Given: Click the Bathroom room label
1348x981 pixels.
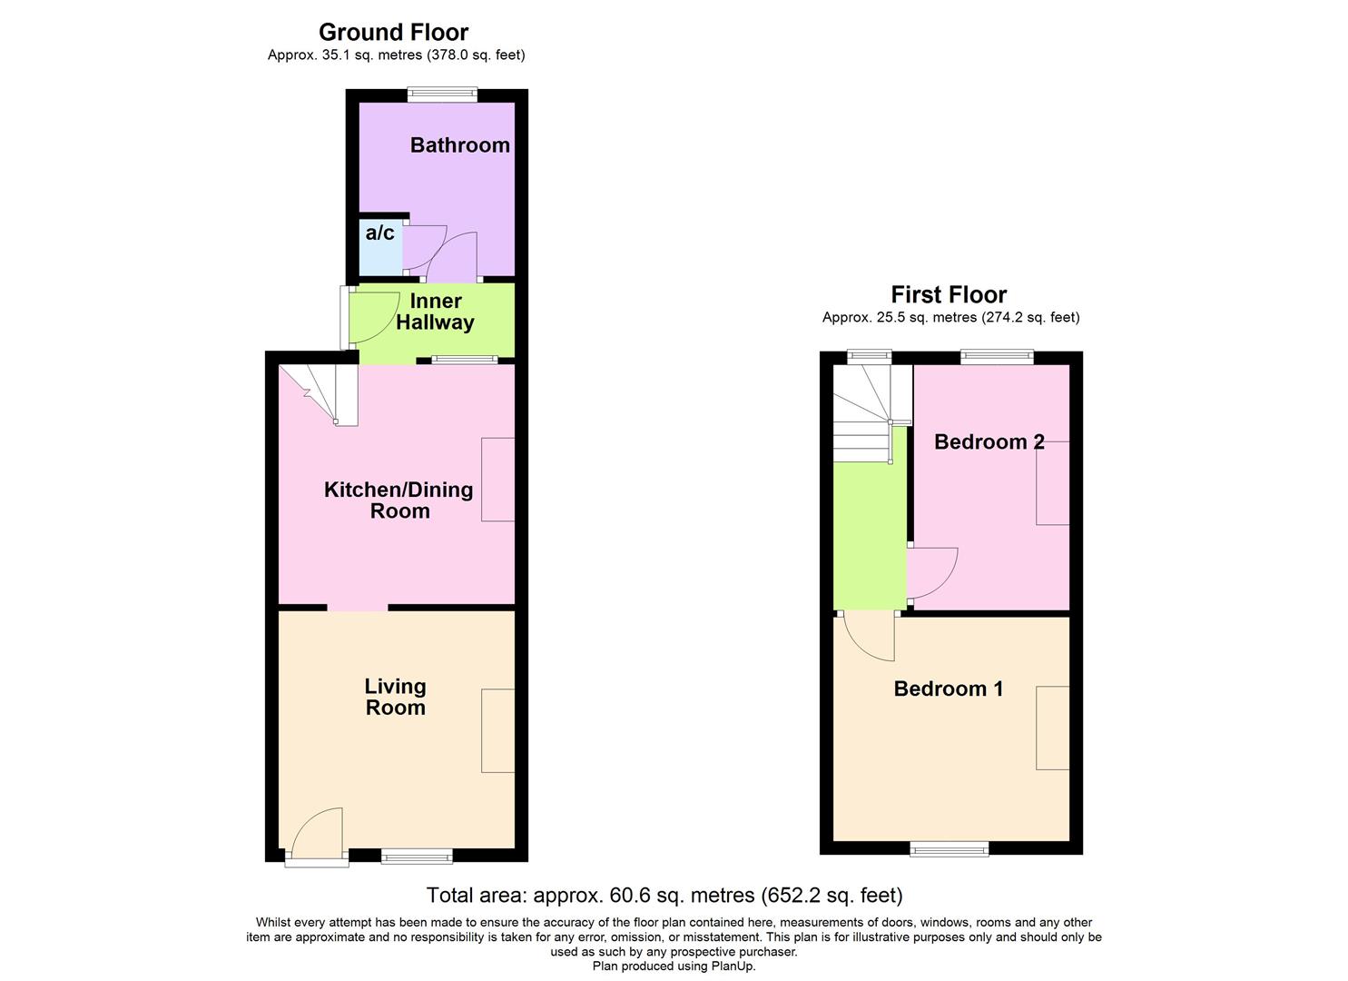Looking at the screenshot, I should tap(459, 145).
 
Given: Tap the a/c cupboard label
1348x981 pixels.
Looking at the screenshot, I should tap(379, 233).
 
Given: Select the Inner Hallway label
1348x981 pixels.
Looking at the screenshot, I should tap(435, 312).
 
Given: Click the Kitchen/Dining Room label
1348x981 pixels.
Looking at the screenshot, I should tap(398, 500).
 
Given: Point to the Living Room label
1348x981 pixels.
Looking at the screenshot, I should tap(395, 697).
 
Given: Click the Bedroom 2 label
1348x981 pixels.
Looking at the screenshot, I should tap(989, 442).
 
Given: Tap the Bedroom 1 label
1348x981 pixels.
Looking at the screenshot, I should tap(949, 689).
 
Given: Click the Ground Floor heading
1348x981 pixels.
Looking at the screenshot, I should tap(393, 33).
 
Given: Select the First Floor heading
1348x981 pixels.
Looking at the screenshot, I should tap(949, 295).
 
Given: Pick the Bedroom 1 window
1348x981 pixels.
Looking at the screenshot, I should tap(950, 848).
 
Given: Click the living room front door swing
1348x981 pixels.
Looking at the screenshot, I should tap(319, 832).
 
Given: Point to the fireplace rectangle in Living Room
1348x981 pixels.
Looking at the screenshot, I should tap(497, 730).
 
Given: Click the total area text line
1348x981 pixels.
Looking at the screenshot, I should tap(664, 896).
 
